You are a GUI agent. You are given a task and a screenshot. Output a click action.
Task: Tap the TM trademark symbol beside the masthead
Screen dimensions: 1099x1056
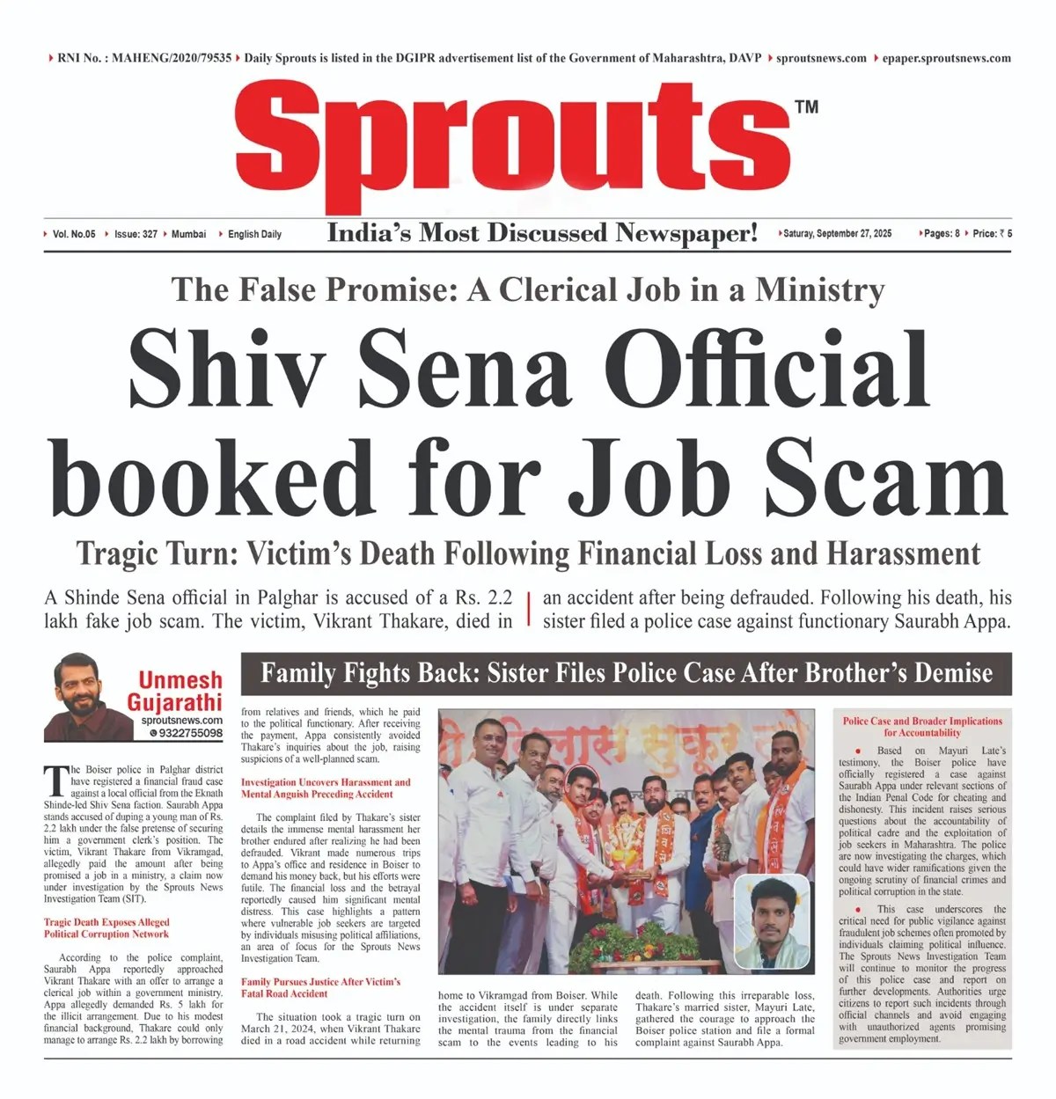click(x=806, y=107)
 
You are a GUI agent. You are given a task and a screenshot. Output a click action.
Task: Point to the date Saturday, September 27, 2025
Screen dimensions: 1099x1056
click(x=837, y=234)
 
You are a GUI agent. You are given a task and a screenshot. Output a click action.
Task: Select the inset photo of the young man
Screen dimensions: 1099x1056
click(x=771, y=921)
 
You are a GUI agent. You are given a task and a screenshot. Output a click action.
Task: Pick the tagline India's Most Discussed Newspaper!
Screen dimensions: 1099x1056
click(x=542, y=233)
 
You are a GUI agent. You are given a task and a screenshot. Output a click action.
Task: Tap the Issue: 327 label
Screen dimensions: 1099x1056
click(x=136, y=234)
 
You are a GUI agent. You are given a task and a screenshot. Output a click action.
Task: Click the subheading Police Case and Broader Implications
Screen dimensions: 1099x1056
click(x=922, y=727)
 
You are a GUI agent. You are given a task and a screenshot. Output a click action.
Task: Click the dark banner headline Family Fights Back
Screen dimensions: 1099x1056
click(x=626, y=674)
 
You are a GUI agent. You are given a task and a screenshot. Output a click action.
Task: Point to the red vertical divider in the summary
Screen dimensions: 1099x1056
click(x=528, y=609)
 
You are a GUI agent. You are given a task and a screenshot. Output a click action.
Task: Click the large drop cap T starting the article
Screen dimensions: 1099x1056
click(x=55, y=780)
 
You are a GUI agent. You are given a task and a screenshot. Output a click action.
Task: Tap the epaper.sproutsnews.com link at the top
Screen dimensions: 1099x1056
click(x=946, y=58)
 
